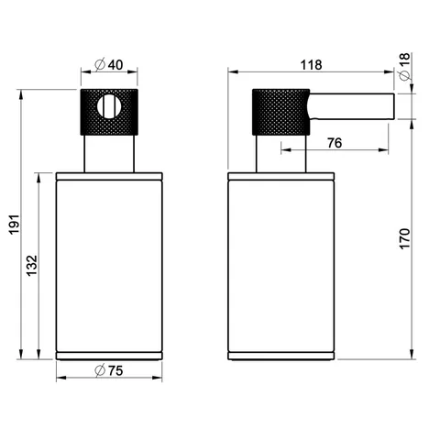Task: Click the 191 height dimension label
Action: pos(15,225)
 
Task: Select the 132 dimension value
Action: pos(32,266)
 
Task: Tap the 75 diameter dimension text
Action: pos(115,371)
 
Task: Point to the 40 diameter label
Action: pos(115,65)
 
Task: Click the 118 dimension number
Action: pos(311,65)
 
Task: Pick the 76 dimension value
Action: pos(335,143)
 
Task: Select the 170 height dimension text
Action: pos(404,238)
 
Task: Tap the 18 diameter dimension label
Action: pos(404,60)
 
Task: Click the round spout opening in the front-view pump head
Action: pos(109,106)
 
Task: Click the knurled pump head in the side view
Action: pos(281,112)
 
